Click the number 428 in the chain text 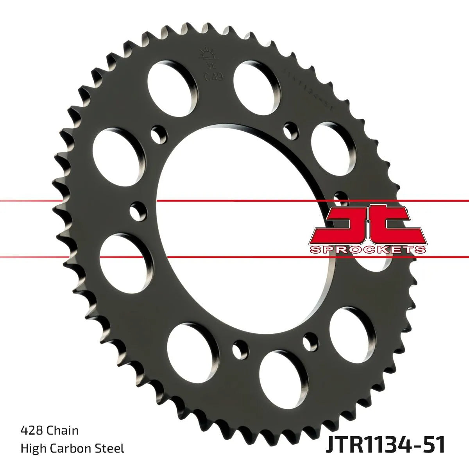(32, 431)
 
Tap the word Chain (62, 431)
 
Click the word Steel (111, 448)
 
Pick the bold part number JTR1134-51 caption (385, 447)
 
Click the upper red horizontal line (234, 201)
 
